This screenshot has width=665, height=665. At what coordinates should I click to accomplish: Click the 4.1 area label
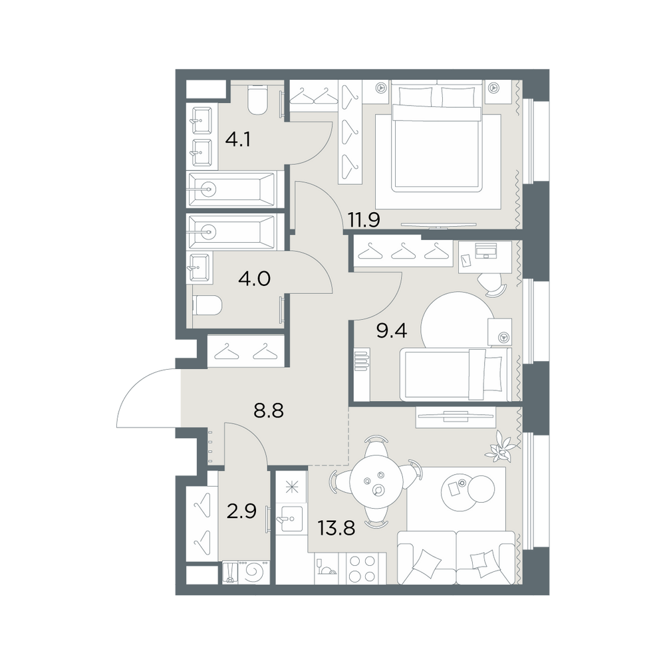[238, 140]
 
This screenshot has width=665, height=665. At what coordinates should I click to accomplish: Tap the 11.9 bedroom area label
[364, 220]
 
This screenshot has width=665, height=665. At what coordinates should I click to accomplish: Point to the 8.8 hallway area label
[269, 410]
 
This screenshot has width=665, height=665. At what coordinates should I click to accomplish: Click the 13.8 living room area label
[336, 529]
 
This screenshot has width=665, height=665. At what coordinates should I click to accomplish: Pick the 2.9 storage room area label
[241, 512]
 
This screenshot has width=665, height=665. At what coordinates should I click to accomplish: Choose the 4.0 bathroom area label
[255, 279]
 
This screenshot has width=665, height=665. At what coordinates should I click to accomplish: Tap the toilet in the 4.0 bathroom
[207, 305]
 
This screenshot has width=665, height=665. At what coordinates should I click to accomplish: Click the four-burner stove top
[362, 569]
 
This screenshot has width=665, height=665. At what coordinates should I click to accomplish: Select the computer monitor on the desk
[485, 251]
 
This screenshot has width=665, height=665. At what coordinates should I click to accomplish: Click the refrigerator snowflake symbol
[291, 487]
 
